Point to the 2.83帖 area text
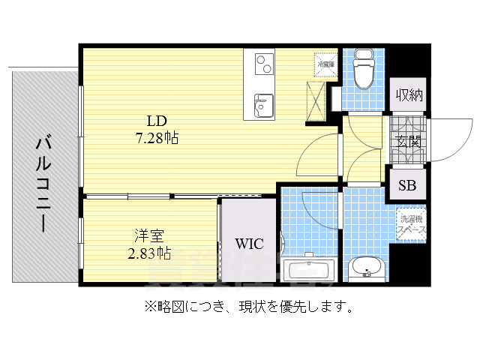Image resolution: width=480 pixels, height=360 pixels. click(148, 252)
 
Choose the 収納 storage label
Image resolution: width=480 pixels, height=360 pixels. click(409, 94)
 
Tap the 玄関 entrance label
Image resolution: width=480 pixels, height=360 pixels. click(408, 140)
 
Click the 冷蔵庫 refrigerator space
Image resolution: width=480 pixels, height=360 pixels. click(325, 64)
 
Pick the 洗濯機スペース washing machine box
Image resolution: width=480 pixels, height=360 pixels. click(411, 223)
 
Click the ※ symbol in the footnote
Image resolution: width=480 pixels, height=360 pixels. click(140, 306)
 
